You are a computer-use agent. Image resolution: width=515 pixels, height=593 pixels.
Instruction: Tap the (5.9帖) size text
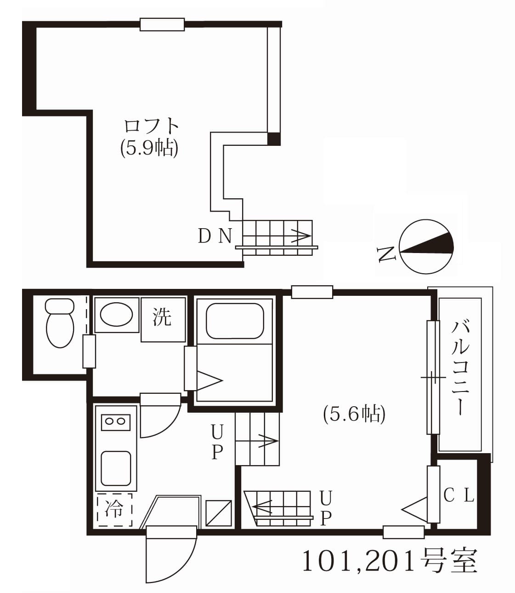point(149,148)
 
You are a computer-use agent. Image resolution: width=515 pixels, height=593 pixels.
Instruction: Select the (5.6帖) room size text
point(354,414)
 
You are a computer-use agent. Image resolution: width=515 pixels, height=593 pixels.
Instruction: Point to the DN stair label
point(215,236)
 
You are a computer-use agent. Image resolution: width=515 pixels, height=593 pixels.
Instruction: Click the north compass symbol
point(426,247)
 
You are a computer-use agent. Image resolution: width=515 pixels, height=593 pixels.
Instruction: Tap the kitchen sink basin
point(116,468)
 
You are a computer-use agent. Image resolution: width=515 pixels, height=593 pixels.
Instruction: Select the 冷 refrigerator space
point(114,509)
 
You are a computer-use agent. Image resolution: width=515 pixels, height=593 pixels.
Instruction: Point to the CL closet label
point(458,495)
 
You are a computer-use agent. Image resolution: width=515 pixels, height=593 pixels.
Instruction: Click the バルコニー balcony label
point(460,368)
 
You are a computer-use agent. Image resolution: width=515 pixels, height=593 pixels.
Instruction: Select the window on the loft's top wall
point(162,24)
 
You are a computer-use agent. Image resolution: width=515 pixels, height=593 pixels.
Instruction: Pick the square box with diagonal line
point(218,512)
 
